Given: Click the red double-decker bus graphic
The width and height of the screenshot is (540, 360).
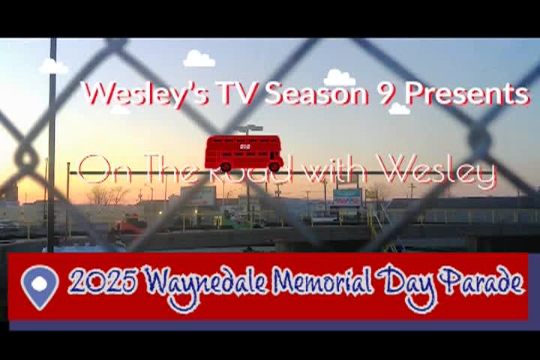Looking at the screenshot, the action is [244, 153].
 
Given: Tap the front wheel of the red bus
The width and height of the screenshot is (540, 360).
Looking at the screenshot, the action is [274, 166].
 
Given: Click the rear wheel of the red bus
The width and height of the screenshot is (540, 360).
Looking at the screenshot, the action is [226, 166].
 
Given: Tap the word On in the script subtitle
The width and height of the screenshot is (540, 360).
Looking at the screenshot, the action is [104, 169].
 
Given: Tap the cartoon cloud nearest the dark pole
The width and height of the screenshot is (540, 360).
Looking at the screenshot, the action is [54, 66].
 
